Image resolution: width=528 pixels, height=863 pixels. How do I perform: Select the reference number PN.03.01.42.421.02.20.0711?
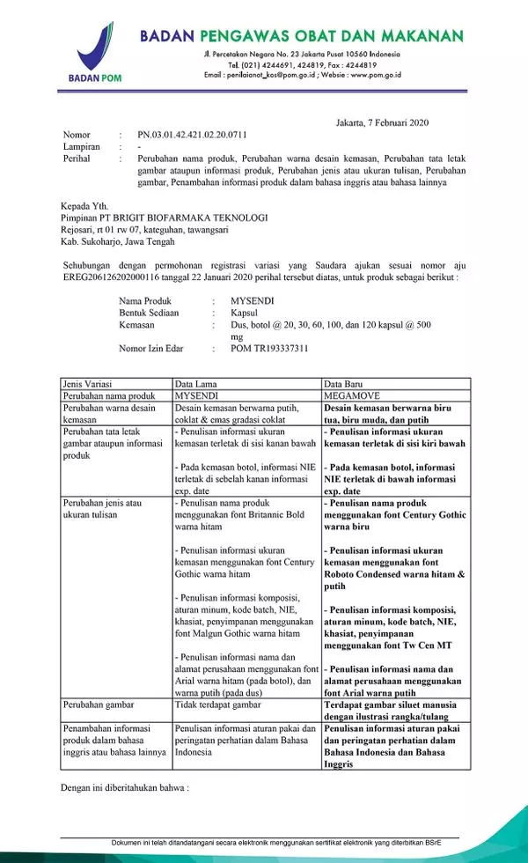193,135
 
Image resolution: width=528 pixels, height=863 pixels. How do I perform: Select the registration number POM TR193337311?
269,349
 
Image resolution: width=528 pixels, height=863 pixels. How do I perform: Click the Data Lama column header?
196,384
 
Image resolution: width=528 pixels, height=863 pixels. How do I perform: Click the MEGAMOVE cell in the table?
352,395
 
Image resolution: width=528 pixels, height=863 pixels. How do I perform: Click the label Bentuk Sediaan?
156,312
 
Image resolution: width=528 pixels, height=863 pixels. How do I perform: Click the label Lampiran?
81,146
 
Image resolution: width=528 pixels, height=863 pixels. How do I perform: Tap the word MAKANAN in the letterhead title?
422,36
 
